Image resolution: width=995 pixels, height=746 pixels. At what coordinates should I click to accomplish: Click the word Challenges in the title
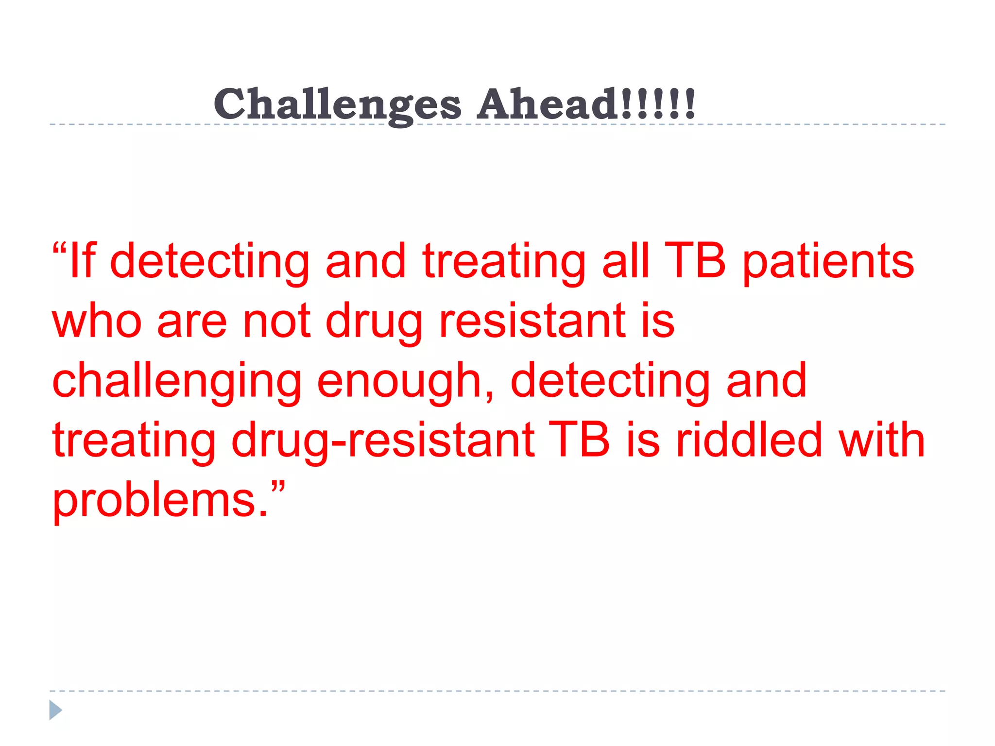pos(337,104)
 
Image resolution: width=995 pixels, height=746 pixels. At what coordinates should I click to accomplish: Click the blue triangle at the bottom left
pos(55,710)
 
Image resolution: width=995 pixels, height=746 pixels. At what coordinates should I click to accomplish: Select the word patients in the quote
pos(828,263)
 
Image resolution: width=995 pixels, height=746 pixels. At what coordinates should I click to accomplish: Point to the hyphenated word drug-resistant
pos(383,441)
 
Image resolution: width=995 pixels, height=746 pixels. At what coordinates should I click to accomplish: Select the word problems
pos(160,501)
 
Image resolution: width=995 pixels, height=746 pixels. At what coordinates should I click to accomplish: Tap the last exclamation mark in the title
pos(689,103)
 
